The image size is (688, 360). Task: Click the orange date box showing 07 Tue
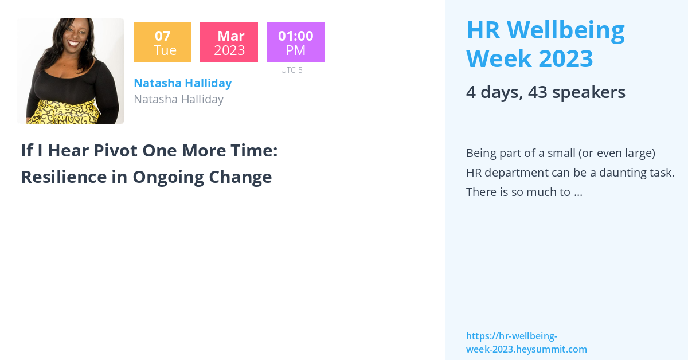click(162, 42)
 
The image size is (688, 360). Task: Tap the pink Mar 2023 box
click(229, 42)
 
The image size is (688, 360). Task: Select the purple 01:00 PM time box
click(295, 42)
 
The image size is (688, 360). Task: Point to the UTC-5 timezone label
click(291, 70)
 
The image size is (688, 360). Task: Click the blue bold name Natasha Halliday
click(182, 83)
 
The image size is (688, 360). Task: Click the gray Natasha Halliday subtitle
click(178, 99)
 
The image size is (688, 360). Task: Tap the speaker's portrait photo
click(71, 71)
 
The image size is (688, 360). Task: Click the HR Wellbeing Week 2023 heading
click(545, 44)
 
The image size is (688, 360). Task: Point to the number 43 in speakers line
click(540, 92)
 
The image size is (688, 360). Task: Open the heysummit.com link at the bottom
click(526, 343)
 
